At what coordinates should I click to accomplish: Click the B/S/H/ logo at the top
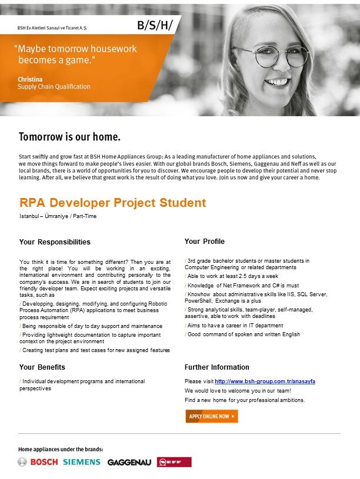155,25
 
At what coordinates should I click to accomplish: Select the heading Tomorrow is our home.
69,138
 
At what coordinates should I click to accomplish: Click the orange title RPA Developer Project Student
113,203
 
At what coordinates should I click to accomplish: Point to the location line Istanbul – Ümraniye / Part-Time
58,216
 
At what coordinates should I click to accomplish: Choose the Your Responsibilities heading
55,242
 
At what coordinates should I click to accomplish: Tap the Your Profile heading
204,241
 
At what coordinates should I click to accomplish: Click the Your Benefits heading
42,367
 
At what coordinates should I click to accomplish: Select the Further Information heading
216,367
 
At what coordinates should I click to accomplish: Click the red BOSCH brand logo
44,462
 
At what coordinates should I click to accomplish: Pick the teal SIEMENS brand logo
82,462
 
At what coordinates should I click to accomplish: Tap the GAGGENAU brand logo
129,463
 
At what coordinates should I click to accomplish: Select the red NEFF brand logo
174,462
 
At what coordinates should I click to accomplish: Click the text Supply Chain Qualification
54,86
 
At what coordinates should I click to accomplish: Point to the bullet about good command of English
243,334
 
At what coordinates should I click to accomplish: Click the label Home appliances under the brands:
61,450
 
